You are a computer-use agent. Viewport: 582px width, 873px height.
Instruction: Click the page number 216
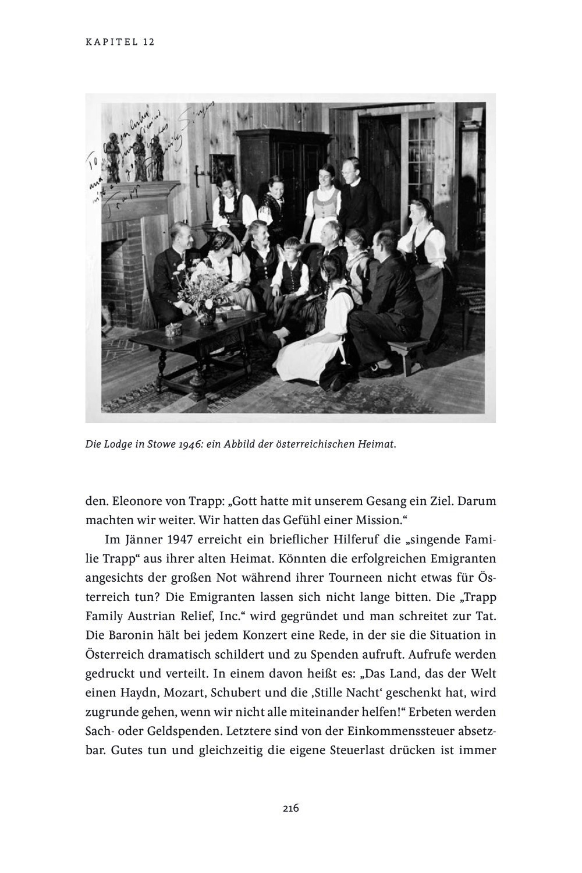(x=290, y=808)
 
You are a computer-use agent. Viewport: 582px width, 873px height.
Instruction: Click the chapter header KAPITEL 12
(x=120, y=42)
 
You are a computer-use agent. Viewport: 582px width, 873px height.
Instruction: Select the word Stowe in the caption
(x=150, y=444)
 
